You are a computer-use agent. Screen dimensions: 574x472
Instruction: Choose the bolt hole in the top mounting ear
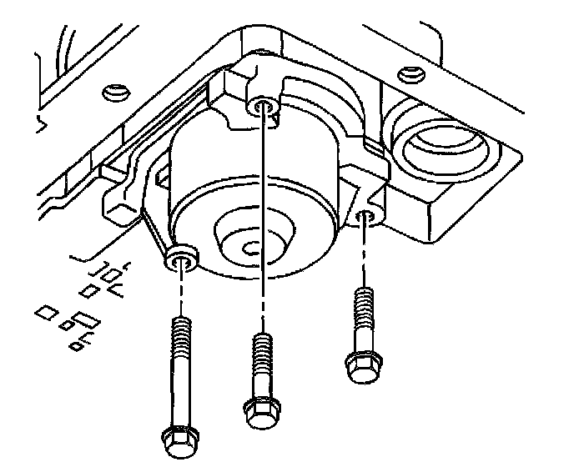pos(264,106)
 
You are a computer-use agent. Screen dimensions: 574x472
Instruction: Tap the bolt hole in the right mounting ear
pos(364,218)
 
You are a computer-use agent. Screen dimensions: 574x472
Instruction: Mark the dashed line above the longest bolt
pos(180,292)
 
